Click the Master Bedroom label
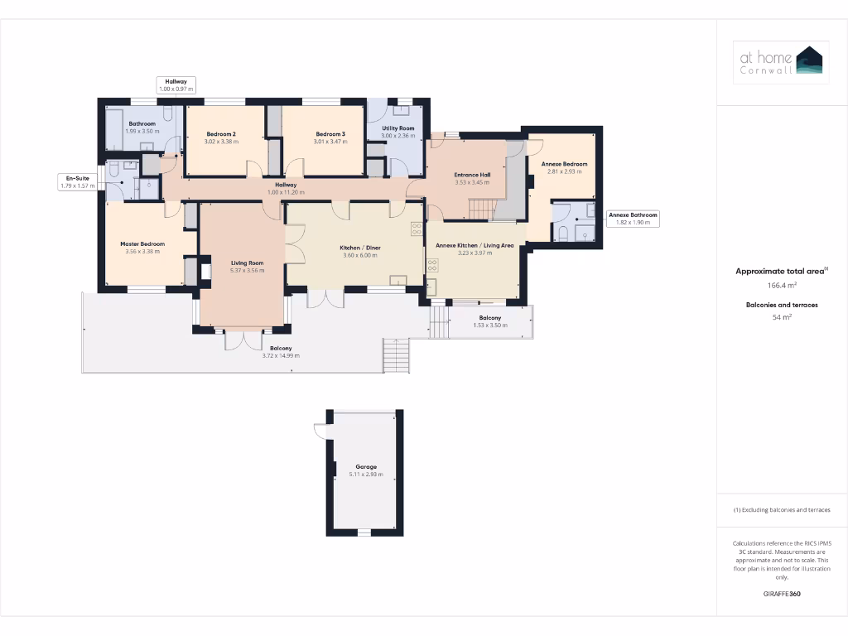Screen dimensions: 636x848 (x=142, y=243)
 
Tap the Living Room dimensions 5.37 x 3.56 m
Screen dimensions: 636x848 (x=247, y=271)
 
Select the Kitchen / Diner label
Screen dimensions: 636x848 (x=360, y=248)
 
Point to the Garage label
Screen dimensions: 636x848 (x=366, y=467)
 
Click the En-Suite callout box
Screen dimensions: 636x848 (x=79, y=181)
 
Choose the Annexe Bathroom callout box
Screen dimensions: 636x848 (x=633, y=219)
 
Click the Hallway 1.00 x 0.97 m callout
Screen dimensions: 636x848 (x=176, y=84)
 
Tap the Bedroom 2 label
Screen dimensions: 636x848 (x=221, y=134)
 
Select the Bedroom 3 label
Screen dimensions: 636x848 (x=330, y=134)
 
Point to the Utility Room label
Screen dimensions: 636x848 (x=398, y=128)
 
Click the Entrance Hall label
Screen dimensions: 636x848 (x=473, y=175)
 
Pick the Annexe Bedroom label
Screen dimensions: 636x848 (x=564, y=164)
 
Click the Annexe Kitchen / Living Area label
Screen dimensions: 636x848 (x=475, y=245)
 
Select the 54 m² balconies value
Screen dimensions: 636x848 (x=782, y=317)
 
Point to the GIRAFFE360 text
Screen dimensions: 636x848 (x=782, y=594)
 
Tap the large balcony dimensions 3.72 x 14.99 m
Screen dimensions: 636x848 (x=281, y=356)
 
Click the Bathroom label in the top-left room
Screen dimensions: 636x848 (x=142, y=123)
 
